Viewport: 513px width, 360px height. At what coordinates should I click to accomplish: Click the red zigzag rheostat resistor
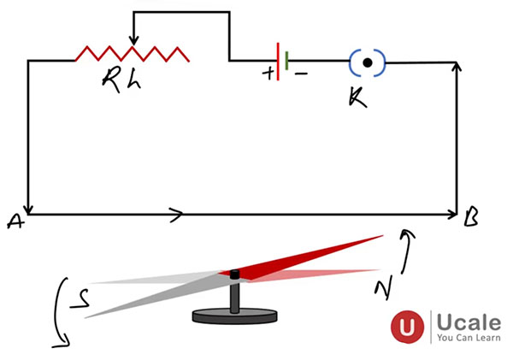[x=133, y=54]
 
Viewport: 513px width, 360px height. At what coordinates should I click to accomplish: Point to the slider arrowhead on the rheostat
[x=133, y=40]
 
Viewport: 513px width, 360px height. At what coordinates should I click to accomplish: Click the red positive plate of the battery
[x=278, y=61]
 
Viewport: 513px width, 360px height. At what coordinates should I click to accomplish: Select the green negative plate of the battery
[x=287, y=61]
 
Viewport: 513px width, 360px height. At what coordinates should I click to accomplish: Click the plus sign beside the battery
[x=268, y=74]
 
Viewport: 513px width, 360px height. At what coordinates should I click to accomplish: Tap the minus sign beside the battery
[x=300, y=74]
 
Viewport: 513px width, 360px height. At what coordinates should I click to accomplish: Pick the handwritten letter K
[x=357, y=96]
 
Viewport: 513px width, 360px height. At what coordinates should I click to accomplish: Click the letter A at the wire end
[x=15, y=221]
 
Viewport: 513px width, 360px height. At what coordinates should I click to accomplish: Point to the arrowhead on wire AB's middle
[x=176, y=214]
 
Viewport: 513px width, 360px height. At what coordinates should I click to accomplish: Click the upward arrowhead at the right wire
[x=459, y=69]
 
